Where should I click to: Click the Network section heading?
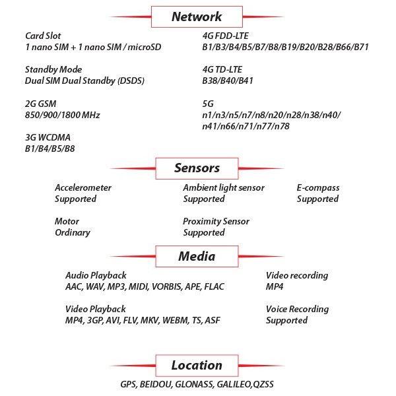pyautogui.click(x=197, y=16)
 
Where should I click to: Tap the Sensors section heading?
pyautogui.click(x=197, y=168)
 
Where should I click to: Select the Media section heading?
pyautogui.click(x=197, y=256)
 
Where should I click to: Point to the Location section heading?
pyautogui.click(x=197, y=365)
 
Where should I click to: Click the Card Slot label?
pyautogui.click(x=43, y=36)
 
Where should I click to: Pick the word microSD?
pyautogui.click(x=144, y=47)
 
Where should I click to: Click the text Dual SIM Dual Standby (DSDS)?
pyautogui.click(x=84, y=81)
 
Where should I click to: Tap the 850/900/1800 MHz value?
pyautogui.click(x=63, y=115)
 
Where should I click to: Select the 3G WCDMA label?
pyautogui.click(x=48, y=137)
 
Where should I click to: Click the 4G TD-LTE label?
pyautogui.click(x=222, y=69)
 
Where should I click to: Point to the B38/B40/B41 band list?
pyautogui.click(x=228, y=81)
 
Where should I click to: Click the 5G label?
pyautogui.click(x=208, y=104)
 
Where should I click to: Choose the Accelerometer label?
pyautogui.click(x=83, y=187)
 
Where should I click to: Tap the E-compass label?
pyautogui.click(x=318, y=187)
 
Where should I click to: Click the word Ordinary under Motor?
pyautogui.click(x=73, y=232)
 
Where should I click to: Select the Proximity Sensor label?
pyautogui.click(x=216, y=221)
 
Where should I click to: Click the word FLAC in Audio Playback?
pyautogui.click(x=214, y=286)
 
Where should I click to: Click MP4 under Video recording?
pyautogui.click(x=275, y=286)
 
